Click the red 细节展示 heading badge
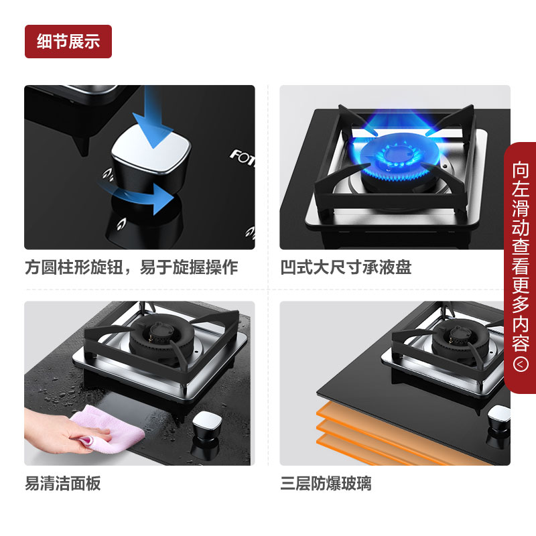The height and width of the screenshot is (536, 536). tap(68, 42)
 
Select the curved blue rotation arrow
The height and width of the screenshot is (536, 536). tap(137, 196)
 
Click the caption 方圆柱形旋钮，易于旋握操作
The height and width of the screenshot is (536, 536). tap(131, 267)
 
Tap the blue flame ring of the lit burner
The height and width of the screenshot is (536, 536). tap(396, 158)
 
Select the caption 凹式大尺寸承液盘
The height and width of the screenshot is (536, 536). tap(346, 267)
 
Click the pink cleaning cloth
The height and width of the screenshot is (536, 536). tap(110, 428)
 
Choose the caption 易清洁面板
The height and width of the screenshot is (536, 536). tap(63, 483)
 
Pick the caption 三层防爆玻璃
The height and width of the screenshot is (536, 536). tap(326, 483)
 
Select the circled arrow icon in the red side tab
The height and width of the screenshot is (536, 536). tap(521, 364)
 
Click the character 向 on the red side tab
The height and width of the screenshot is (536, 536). tap(521, 170)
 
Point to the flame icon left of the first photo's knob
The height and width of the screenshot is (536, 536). tap(109, 174)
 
